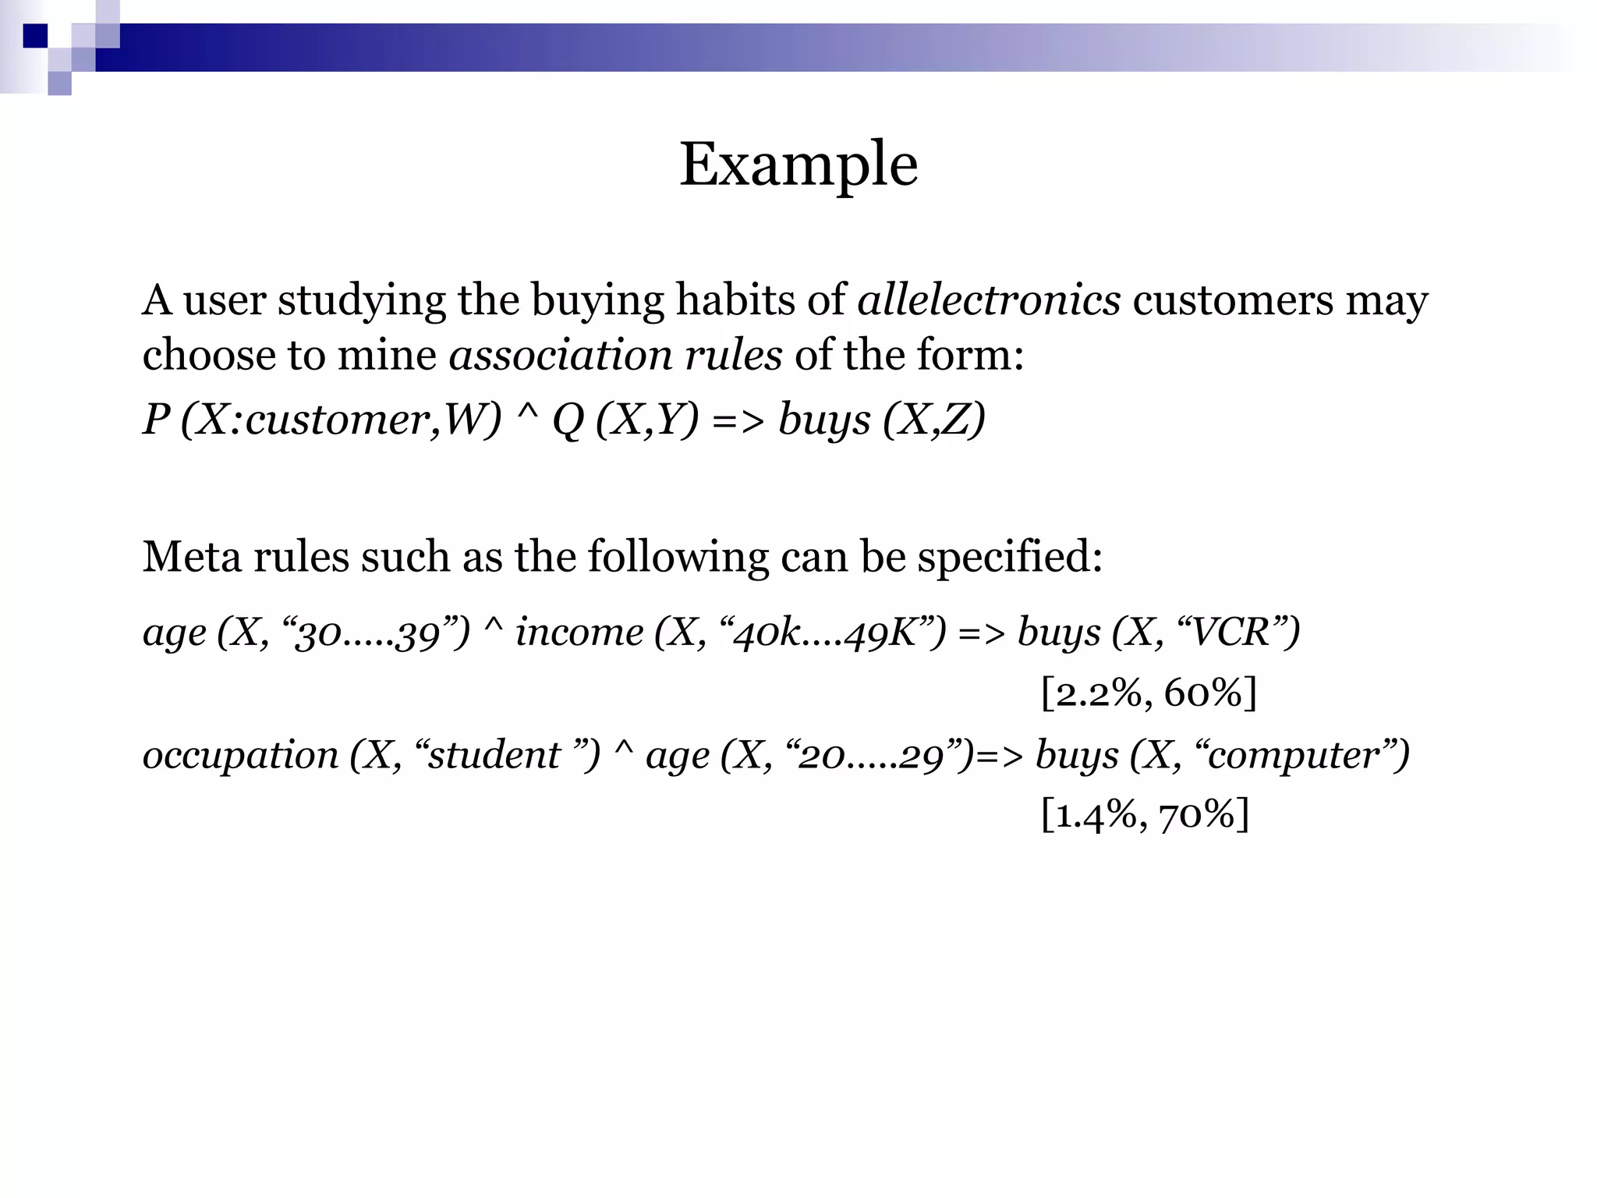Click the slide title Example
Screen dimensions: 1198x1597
tap(798, 165)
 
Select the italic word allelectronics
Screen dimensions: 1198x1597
tap(989, 299)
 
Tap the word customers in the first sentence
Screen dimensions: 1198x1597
tap(1233, 299)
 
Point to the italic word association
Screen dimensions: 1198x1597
tap(560, 356)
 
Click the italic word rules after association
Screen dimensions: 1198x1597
tap(733, 356)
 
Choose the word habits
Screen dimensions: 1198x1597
tap(735, 299)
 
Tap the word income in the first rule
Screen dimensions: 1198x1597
tap(579, 632)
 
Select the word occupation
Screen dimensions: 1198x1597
tap(240, 755)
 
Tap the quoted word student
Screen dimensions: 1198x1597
tap(494, 755)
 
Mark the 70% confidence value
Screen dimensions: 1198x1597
tap(1197, 816)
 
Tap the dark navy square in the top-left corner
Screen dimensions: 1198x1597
tap(35, 36)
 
